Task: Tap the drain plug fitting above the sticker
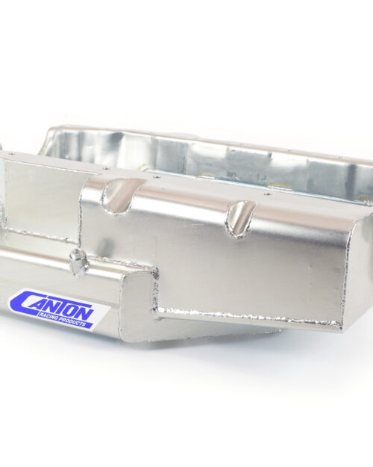click(76, 261)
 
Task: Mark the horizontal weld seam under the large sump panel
click(246, 319)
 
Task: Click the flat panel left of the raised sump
click(41, 194)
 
